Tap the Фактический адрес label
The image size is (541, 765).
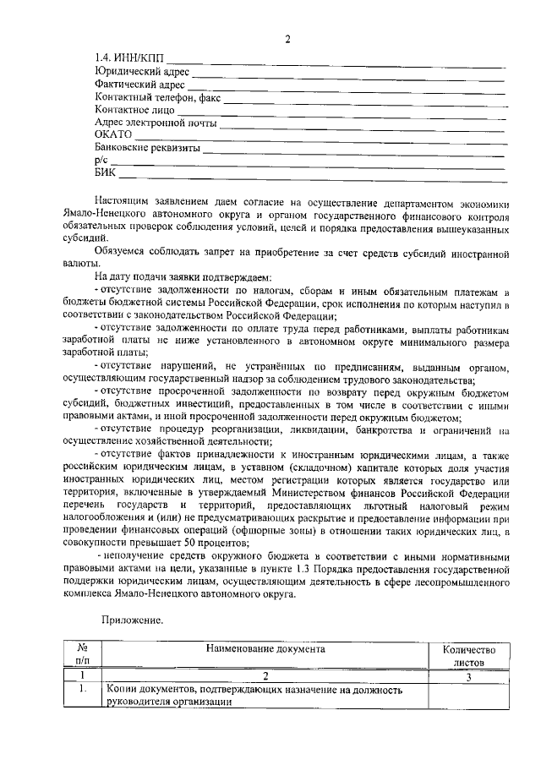139,84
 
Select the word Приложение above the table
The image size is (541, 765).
132,620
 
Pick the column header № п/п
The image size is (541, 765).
82,655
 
